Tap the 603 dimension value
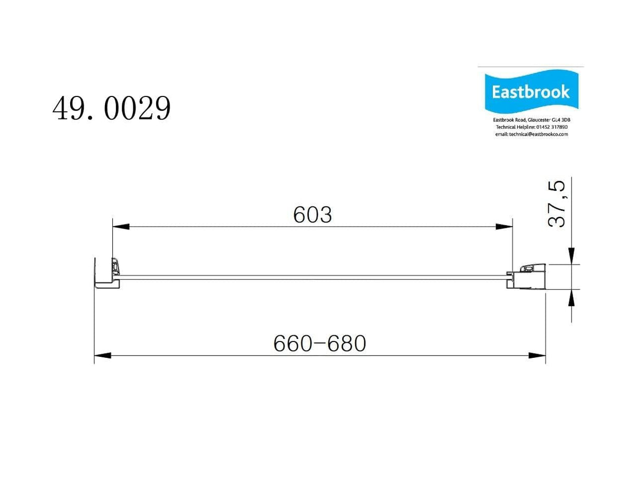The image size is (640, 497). [x=313, y=215]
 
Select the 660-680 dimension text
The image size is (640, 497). [x=319, y=344]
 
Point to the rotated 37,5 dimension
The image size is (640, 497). [x=557, y=204]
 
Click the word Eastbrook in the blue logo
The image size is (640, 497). [x=530, y=92]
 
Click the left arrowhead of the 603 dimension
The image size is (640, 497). [x=121, y=227]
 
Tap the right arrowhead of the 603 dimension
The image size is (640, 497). [x=504, y=227]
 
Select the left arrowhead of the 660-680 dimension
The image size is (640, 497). [x=103, y=356]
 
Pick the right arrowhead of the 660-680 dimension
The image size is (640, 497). [x=537, y=356]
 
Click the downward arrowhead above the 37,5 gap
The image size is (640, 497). [x=571, y=256]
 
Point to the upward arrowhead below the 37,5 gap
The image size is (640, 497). [x=571, y=297]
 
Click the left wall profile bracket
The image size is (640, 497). [x=108, y=274]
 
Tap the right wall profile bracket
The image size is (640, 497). [x=527, y=276]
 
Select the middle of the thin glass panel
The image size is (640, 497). [x=313, y=277]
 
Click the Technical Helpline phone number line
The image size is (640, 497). [x=531, y=127]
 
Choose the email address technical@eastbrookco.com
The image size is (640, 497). [x=531, y=134]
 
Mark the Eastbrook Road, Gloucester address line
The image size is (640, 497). [x=531, y=120]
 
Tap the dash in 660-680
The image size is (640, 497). [x=319, y=344]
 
